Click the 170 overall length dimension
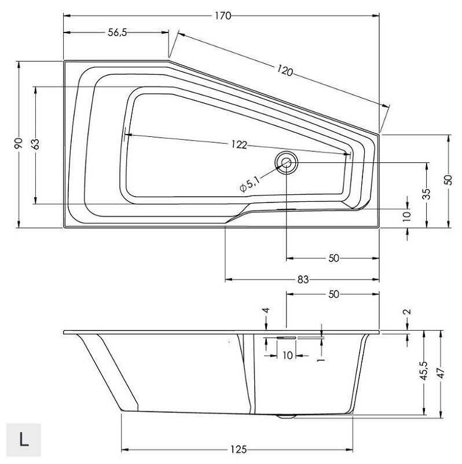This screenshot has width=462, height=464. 223,16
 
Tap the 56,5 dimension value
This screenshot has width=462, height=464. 118,32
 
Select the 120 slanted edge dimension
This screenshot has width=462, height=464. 285,71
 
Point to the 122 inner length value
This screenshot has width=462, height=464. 239,144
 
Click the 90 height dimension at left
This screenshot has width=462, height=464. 19,143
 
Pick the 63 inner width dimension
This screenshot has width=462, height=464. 35,144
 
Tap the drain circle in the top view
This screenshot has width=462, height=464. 286,162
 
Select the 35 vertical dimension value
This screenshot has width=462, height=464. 427,194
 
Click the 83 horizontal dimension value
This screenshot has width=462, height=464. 303,280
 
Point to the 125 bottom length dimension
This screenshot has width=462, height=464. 239,450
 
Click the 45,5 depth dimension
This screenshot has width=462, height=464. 424,371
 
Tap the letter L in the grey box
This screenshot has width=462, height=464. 24,440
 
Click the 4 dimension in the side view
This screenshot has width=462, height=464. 266,310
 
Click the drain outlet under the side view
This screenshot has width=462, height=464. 286,416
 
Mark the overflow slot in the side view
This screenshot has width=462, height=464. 286,338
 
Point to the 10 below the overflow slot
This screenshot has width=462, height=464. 287,355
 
